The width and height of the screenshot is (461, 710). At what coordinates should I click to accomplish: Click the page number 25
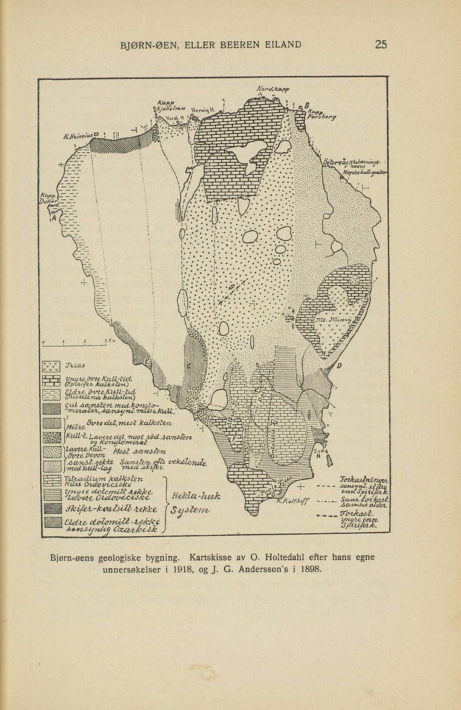[381, 44]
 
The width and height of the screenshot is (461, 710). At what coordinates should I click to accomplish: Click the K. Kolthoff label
[293, 501]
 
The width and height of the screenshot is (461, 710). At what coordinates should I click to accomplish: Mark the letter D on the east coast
[339, 366]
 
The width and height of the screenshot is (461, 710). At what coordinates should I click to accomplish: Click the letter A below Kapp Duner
[53, 217]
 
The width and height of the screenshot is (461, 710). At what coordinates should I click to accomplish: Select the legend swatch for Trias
[51, 367]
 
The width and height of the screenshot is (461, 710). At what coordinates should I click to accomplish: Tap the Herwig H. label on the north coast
[200, 110]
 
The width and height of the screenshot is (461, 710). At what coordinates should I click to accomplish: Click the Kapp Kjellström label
[166, 105]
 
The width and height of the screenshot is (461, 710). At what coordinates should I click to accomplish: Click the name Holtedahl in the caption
[277, 557]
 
